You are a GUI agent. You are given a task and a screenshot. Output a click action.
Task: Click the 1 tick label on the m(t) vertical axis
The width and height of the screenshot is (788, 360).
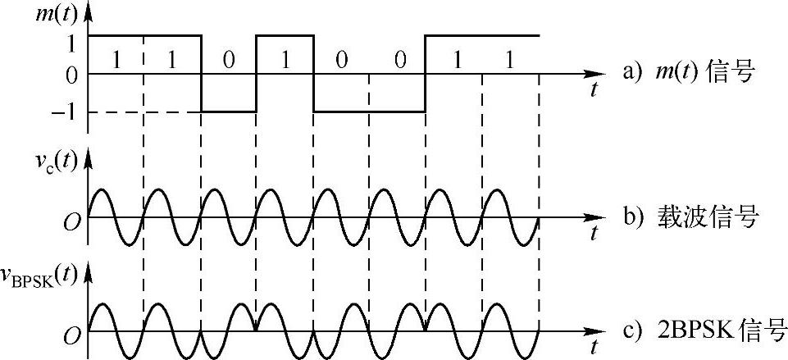(x=72, y=38)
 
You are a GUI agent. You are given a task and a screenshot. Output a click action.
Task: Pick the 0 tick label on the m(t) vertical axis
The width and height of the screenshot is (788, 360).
(x=72, y=75)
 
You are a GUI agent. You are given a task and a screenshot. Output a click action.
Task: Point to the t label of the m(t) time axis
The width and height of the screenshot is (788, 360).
(x=592, y=90)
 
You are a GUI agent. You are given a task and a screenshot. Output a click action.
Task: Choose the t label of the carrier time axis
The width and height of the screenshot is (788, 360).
(x=592, y=235)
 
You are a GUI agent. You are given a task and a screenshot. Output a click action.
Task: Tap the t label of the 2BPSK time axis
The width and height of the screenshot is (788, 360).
(x=592, y=348)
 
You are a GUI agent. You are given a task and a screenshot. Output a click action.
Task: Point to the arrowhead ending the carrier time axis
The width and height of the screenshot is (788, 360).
(x=602, y=218)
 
